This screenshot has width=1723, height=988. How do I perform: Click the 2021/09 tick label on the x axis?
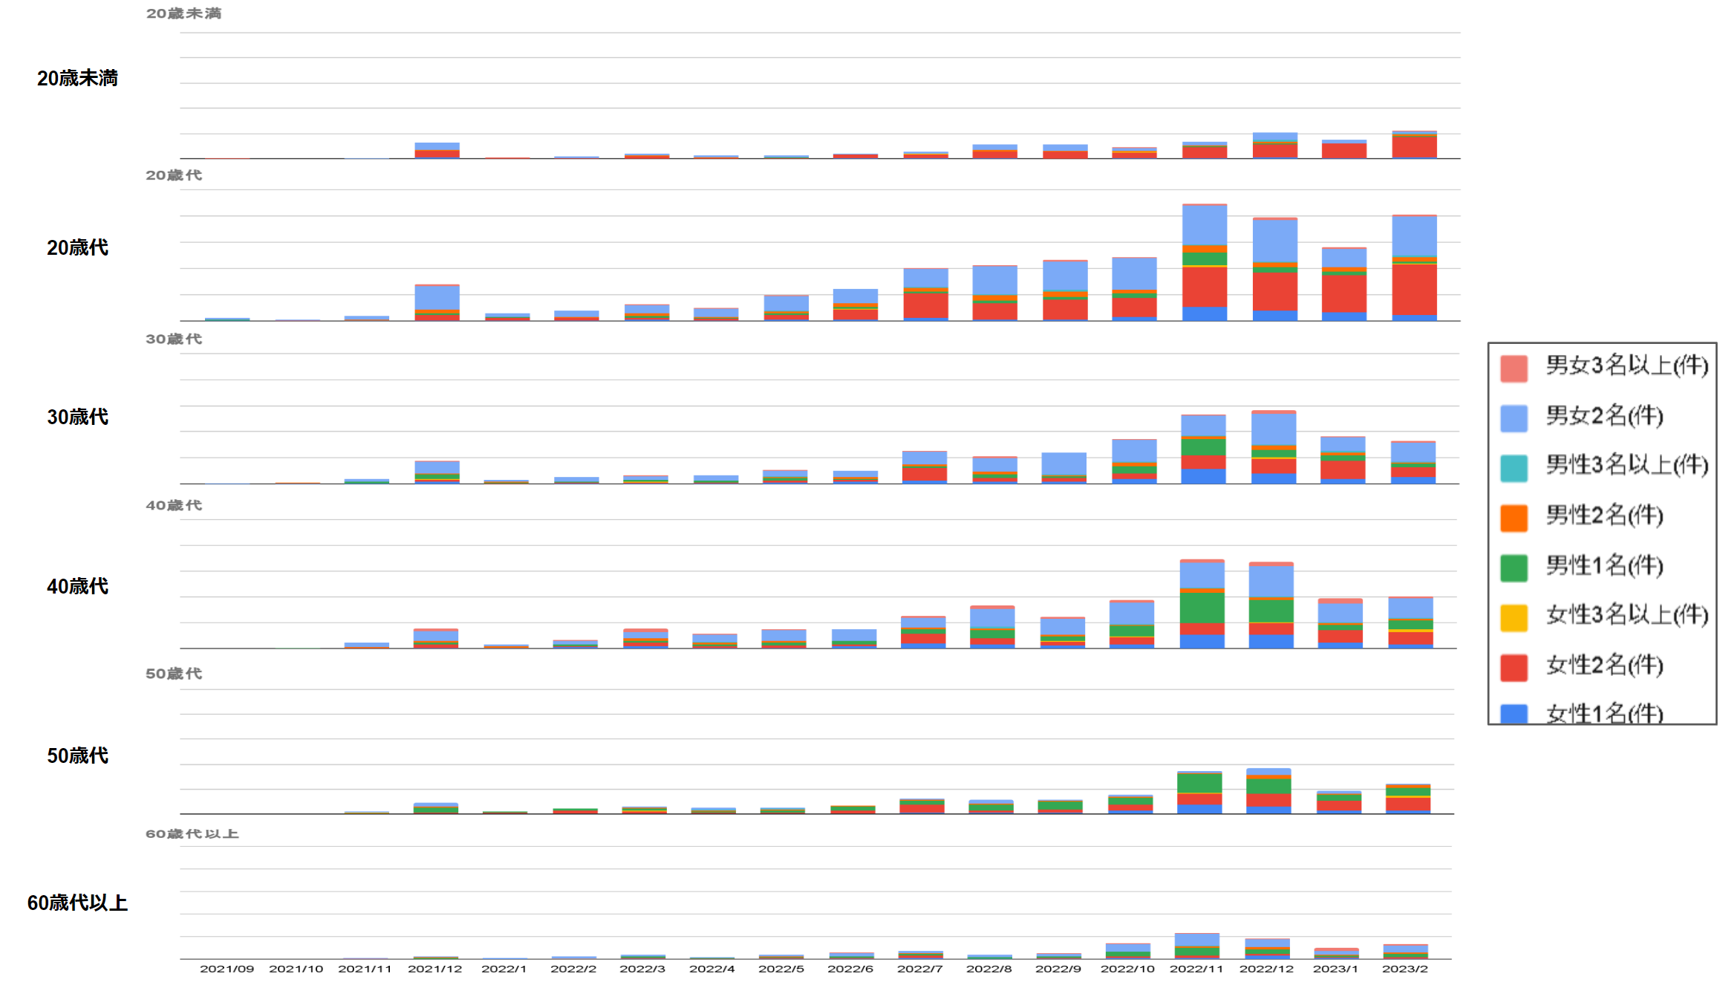point(227,969)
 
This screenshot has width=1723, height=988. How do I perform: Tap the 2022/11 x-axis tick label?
point(1196,969)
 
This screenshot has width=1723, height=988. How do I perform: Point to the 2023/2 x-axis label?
point(1404,969)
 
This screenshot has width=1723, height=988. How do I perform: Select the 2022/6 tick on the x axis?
point(850,969)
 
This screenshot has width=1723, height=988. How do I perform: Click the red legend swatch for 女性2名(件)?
point(1514,667)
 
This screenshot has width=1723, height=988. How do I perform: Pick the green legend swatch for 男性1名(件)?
point(1514,568)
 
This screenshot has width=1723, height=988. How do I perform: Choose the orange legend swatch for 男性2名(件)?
point(1514,518)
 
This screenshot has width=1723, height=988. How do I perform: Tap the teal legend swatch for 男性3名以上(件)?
point(1514,468)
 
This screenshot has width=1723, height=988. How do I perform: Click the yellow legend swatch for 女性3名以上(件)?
point(1514,617)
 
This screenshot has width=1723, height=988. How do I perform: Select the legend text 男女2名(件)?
point(1604,416)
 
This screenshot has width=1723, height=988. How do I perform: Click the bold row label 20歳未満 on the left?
point(77,78)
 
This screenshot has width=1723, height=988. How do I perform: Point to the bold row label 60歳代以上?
point(77,903)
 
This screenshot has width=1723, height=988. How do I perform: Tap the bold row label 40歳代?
point(77,586)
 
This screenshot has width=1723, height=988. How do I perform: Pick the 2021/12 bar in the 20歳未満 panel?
point(437,151)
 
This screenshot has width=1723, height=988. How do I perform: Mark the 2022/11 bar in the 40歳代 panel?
point(1202,604)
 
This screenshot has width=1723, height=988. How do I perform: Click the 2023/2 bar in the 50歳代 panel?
point(1407,799)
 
